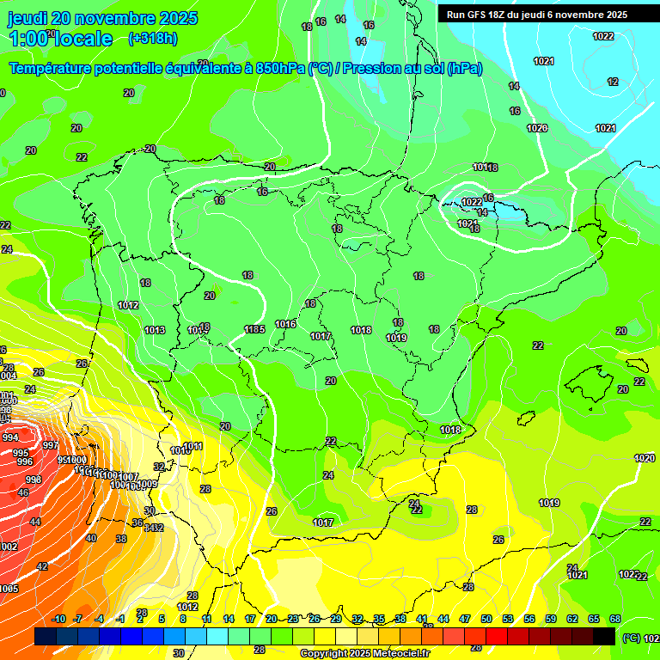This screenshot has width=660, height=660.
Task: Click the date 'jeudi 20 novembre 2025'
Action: coord(102,18)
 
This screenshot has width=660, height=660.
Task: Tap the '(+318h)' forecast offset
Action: coord(152,38)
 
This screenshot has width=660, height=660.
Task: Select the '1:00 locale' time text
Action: coord(60,39)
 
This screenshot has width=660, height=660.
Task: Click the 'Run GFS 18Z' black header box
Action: coord(537,14)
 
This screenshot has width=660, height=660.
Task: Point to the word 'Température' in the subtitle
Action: coord(51,69)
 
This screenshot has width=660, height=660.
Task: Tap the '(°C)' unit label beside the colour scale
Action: coord(632,639)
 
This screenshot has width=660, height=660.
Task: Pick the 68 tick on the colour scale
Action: coord(615,619)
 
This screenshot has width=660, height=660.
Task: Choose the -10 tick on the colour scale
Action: coord(58,619)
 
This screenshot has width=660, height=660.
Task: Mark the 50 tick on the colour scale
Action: coord(486,619)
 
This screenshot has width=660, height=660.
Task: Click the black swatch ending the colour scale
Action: coord(605,636)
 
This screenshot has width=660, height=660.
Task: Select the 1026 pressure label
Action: coord(537,128)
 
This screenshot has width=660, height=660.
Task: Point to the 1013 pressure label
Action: coord(155,330)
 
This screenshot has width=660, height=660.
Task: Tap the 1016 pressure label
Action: coord(285,324)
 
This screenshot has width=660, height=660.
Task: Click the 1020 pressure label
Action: coord(645,458)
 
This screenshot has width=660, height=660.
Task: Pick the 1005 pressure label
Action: coord(9,589)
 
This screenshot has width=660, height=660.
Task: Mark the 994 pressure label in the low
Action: coord(10,438)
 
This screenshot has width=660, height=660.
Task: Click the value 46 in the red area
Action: coord(23,492)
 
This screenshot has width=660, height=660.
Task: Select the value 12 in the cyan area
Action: coord(613,82)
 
